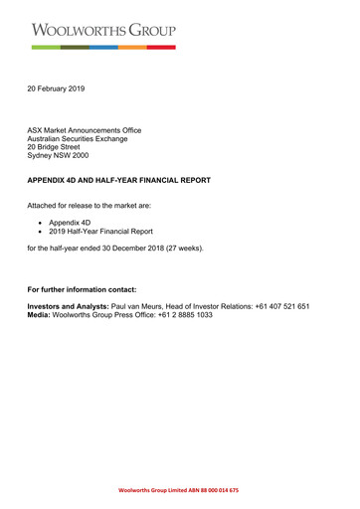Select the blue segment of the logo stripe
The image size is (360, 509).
click(103, 47)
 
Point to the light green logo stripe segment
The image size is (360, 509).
click(45, 47)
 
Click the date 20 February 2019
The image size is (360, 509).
click(56, 89)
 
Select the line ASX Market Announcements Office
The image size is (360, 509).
click(85, 130)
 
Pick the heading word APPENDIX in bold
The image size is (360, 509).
click(52, 180)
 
